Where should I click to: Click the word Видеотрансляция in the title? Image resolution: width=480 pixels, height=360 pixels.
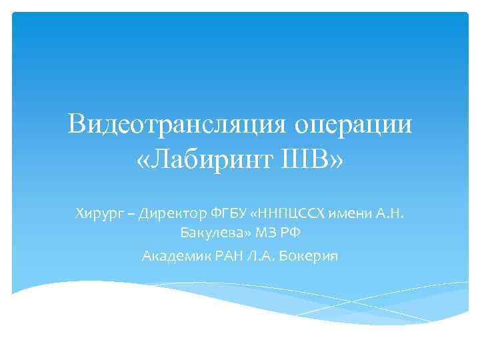click(175, 125)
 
